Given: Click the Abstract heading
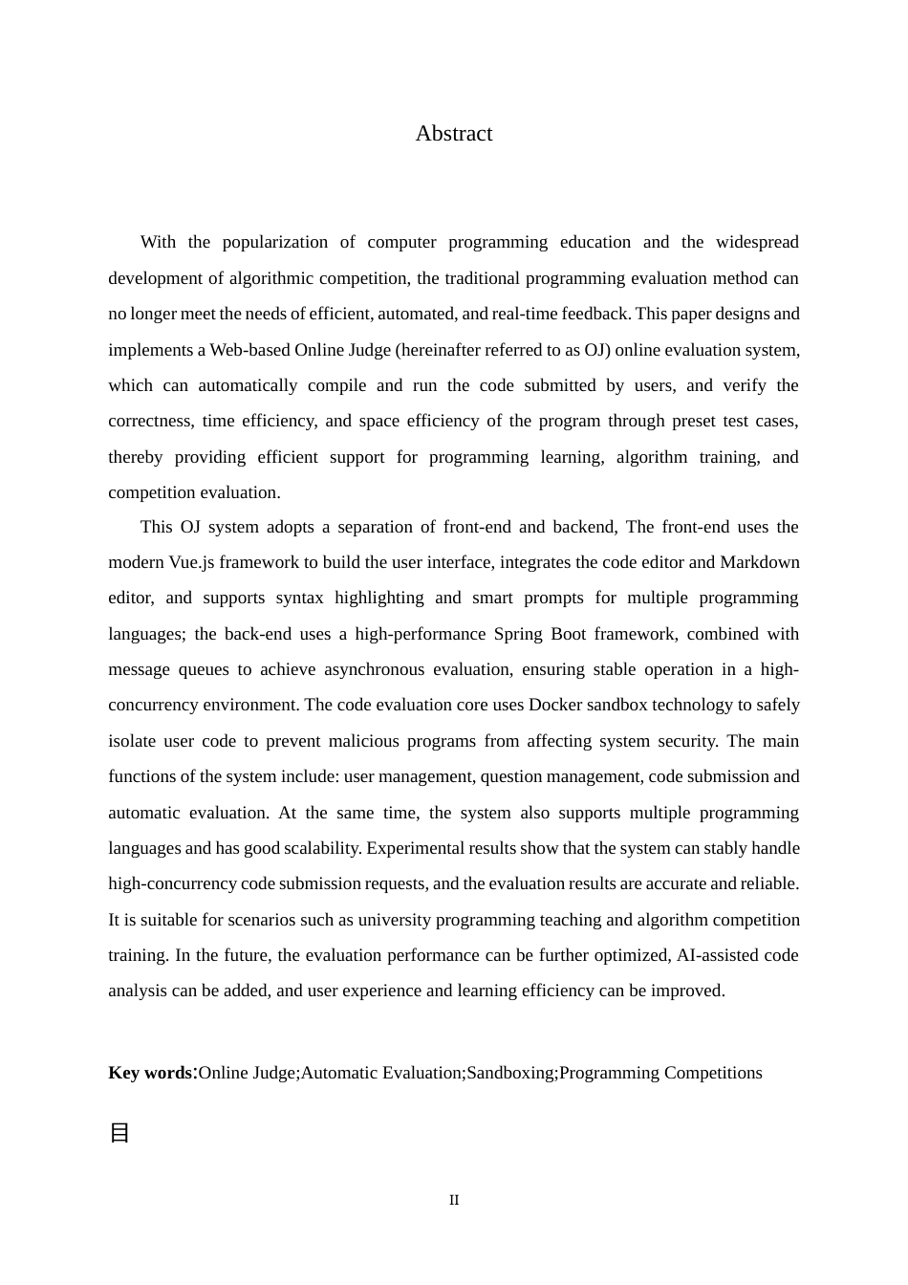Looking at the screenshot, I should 453,134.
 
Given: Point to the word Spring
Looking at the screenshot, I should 516,634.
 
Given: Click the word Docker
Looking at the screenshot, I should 554,705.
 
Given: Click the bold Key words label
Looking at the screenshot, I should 150,1073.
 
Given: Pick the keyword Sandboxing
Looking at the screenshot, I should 510,1073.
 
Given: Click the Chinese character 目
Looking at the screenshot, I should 119,1133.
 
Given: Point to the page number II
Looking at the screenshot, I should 454,1200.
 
